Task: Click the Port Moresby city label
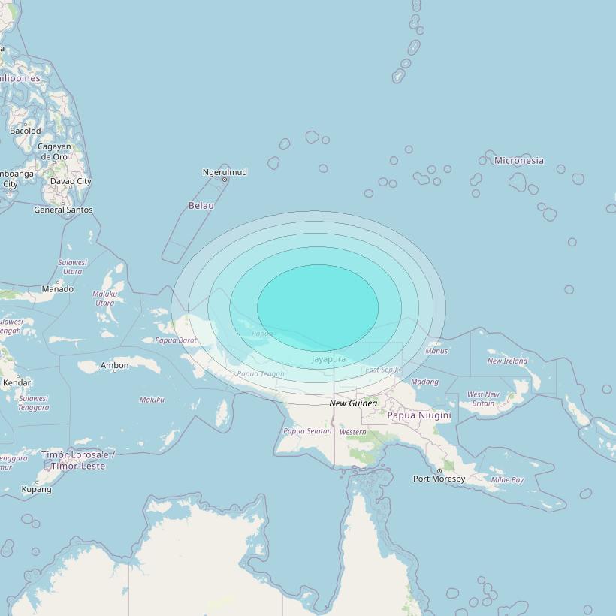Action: pyautogui.click(x=439, y=479)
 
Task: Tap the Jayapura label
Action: pyautogui.click(x=328, y=359)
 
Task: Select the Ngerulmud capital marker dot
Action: pyautogui.click(x=225, y=180)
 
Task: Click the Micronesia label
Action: pyautogui.click(x=519, y=160)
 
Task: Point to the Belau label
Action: pyautogui.click(x=201, y=205)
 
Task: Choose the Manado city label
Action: pyautogui.click(x=58, y=289)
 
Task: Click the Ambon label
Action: pyautogui.click(x=115, y=366)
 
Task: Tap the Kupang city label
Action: pyautogui.click(x=37, y=489)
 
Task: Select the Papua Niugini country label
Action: pyautogui.click(x=419, y=415)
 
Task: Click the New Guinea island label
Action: pyautogui.click(x=353, y=403)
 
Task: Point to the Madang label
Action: pyautogui.click(x=424, y=382)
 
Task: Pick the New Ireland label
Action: pyautogui.click(x=507, y=361)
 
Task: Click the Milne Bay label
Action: pyautogui.click(x=507, y=479)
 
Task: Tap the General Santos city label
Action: pyautogui.click(x=63, y=210)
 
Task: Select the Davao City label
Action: pyautogui.click(x=71, y=181)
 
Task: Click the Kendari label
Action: pyautogui.click(x=18, y=383)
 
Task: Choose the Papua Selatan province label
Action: pyautogui.click(x=307, y=431)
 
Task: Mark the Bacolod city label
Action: pyautogui.click(x=26, y=131)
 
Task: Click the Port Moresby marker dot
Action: pyautogui.click(x=439, y=471)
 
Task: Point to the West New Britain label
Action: pyautogui.click(x=483, y=399)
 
